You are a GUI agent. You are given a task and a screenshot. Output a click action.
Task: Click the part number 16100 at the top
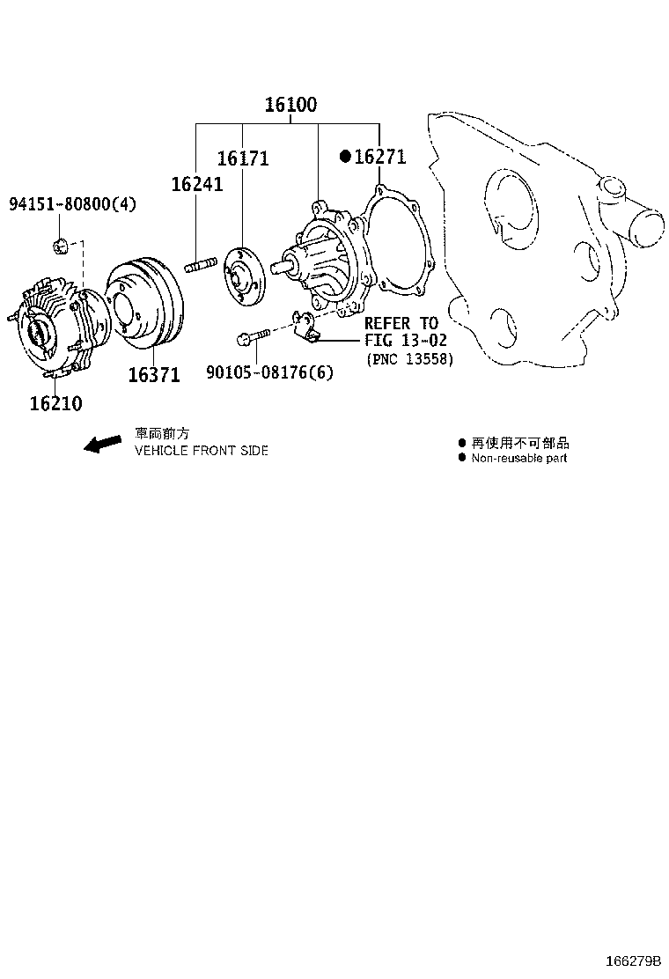tap(291, 105)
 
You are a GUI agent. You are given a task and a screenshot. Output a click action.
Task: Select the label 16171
tap(243, 158)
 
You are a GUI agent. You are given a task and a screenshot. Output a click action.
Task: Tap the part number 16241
tap(196, 184)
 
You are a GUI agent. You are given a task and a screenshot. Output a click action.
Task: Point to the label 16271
tap(379, 157)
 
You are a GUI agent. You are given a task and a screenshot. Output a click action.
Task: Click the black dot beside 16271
tap(345, 157)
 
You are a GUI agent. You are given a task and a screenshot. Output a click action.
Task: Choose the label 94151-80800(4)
tap(73, 204)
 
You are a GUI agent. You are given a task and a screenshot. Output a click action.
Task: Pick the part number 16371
tap(154, 375)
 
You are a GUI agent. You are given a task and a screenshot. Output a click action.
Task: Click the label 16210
tap(55, 403)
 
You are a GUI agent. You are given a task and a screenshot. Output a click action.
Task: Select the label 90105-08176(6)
tap(270, 372)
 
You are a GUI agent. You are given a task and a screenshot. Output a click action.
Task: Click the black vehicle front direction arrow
tap(102, 443)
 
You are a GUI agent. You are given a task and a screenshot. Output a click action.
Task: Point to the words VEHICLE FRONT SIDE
tap(201, 450)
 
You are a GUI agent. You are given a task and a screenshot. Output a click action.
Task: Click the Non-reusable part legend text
tap(519, 458)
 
